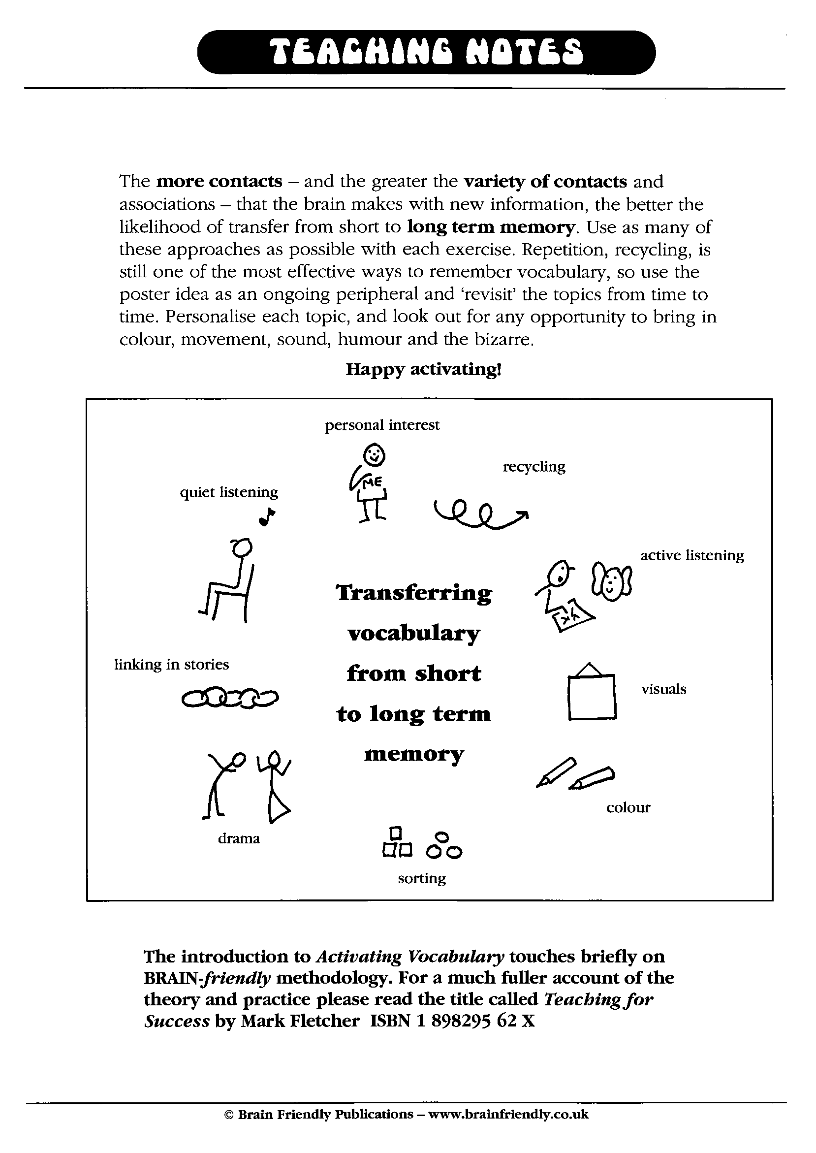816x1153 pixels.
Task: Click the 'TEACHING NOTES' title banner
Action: (x=426, y=53)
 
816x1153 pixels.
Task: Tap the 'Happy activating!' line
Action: (x=423, y=369)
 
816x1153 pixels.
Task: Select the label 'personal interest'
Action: (x=382, y=425)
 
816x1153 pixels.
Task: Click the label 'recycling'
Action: (x=534, y=467)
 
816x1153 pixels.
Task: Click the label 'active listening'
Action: (x=691, y=555)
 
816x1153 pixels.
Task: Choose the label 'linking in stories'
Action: (x=171, y=665)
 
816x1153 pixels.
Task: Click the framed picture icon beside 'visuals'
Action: (x=592, y=692)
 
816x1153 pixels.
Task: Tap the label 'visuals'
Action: (x=663, y=689)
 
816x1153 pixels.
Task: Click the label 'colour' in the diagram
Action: (x=628, y=808)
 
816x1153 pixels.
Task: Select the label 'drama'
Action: (x=239, y=838)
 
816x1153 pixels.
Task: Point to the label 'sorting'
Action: (x=422, y=878)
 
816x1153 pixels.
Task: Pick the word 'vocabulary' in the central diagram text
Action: (x=413, y=634)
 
